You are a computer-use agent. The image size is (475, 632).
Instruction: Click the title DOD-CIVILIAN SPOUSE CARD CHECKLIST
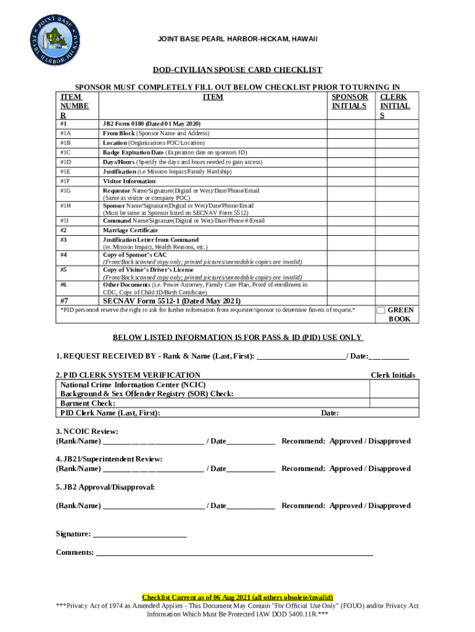(x=238, y=70)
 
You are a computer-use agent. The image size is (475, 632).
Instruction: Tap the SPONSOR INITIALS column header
(x=350, y=102)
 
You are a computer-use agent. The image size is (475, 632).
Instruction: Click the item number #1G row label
(x=65, y=191)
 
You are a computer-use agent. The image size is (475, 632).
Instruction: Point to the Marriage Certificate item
(x=130, y=230)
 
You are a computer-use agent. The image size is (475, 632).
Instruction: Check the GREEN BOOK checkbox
(x=381, y=310)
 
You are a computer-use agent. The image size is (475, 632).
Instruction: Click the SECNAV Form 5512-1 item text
(x=171, y=301)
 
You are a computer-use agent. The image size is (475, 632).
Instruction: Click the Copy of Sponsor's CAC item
(x=134, y=254)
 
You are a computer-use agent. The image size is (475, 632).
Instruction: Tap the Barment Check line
(x=88, y=403)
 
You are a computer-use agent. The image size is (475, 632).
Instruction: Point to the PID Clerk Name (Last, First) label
(x=110, y=413)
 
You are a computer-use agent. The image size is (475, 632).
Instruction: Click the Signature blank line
(x=139, y=534)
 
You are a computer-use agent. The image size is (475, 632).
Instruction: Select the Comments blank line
(x=234, y=553)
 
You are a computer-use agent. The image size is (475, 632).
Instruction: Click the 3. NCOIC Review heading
(x=87, y=431)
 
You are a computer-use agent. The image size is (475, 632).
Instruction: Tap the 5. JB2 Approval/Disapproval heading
(x=105, y=487)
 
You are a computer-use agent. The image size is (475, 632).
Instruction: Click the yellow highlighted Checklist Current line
(x=238, y=597)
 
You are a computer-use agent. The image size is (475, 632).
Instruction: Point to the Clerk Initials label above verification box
(x=392, y=375)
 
